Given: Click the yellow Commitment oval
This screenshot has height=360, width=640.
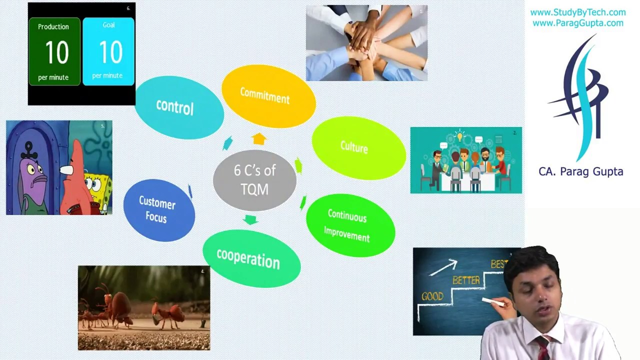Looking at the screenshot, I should click(x=268, y=96).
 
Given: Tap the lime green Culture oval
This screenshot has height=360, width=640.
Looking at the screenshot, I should click(x=358, y=147).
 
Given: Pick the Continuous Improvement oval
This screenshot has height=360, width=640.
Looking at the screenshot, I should click(x=349, y=225).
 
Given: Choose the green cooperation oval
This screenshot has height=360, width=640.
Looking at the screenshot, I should click(x=250, y=258).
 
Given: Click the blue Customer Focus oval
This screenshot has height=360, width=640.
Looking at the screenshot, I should click(x=158, y=210).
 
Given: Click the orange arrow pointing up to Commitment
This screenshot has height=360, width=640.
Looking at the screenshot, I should click(x=259, y=138).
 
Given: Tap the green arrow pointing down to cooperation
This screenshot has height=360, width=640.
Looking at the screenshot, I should click(x=250, y=219).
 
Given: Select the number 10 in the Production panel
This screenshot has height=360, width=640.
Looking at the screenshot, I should click(x=56, y=52).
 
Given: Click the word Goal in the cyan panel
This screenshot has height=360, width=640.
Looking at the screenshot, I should click(x=108, y=25).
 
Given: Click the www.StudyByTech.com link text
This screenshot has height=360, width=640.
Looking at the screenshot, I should click(x=577, y=12).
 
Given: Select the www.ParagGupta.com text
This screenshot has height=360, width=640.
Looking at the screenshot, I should click(x=577, y=23).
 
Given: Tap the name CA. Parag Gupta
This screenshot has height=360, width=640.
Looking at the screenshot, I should click(x=580, y=171).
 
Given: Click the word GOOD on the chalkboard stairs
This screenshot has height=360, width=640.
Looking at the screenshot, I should click(x=432, y=296).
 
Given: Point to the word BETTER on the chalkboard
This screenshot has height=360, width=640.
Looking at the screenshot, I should click(x=465, y=280).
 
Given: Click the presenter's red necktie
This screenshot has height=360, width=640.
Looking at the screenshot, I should click(x=543, y=348).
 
